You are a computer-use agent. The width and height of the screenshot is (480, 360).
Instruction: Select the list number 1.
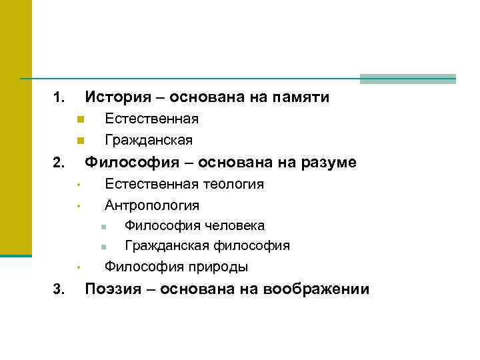(x=59, y=99)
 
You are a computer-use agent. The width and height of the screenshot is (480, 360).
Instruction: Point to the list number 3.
(x=59, y=289)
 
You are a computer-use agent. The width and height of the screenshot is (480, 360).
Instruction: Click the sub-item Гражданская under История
(x=149, y=140)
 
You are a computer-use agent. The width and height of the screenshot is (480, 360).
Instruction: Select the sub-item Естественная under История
(x=151, y=119)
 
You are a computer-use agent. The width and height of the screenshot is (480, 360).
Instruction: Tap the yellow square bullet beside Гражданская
(x=79, y=141)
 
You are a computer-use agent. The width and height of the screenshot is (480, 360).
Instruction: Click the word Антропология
(x=152, y=205)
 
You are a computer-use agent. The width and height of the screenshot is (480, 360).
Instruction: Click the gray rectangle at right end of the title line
(x=407, y=79)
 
